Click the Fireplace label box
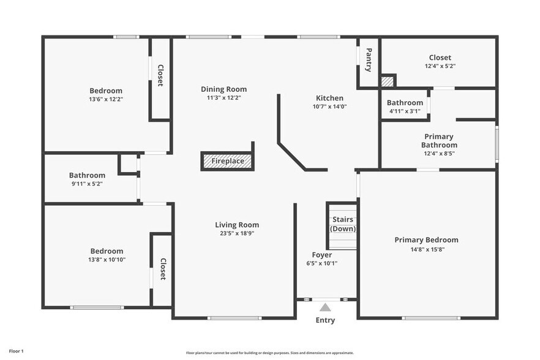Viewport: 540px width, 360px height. [x=227, y=161]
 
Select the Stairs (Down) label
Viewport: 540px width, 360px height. [x=343, y=224]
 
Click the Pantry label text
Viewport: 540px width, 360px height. [x=369, y=60]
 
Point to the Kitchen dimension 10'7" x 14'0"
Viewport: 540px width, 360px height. [x=329, y=107]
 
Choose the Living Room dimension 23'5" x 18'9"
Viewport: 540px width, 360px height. [x=237, y=233]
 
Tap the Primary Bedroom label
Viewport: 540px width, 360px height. [x=426, y=240]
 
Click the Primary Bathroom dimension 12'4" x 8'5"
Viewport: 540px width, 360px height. [x=439, y=154]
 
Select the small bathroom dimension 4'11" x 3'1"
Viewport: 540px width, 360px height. [x=405, y=111]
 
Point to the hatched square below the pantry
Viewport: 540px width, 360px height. [x=387, y=81]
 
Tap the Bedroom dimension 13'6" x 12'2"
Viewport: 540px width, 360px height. [x=106, y=99]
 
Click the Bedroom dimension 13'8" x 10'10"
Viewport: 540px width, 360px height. [x=107, y=260]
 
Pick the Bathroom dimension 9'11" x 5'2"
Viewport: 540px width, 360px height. [x=87, y=184]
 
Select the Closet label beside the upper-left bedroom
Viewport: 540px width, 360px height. [x=160, y=75]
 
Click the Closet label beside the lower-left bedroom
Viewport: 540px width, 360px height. [x=163, y=269]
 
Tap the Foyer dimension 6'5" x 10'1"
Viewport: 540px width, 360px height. [x=322, y=263]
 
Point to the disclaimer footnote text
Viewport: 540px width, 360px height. [x=270, y=353]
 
